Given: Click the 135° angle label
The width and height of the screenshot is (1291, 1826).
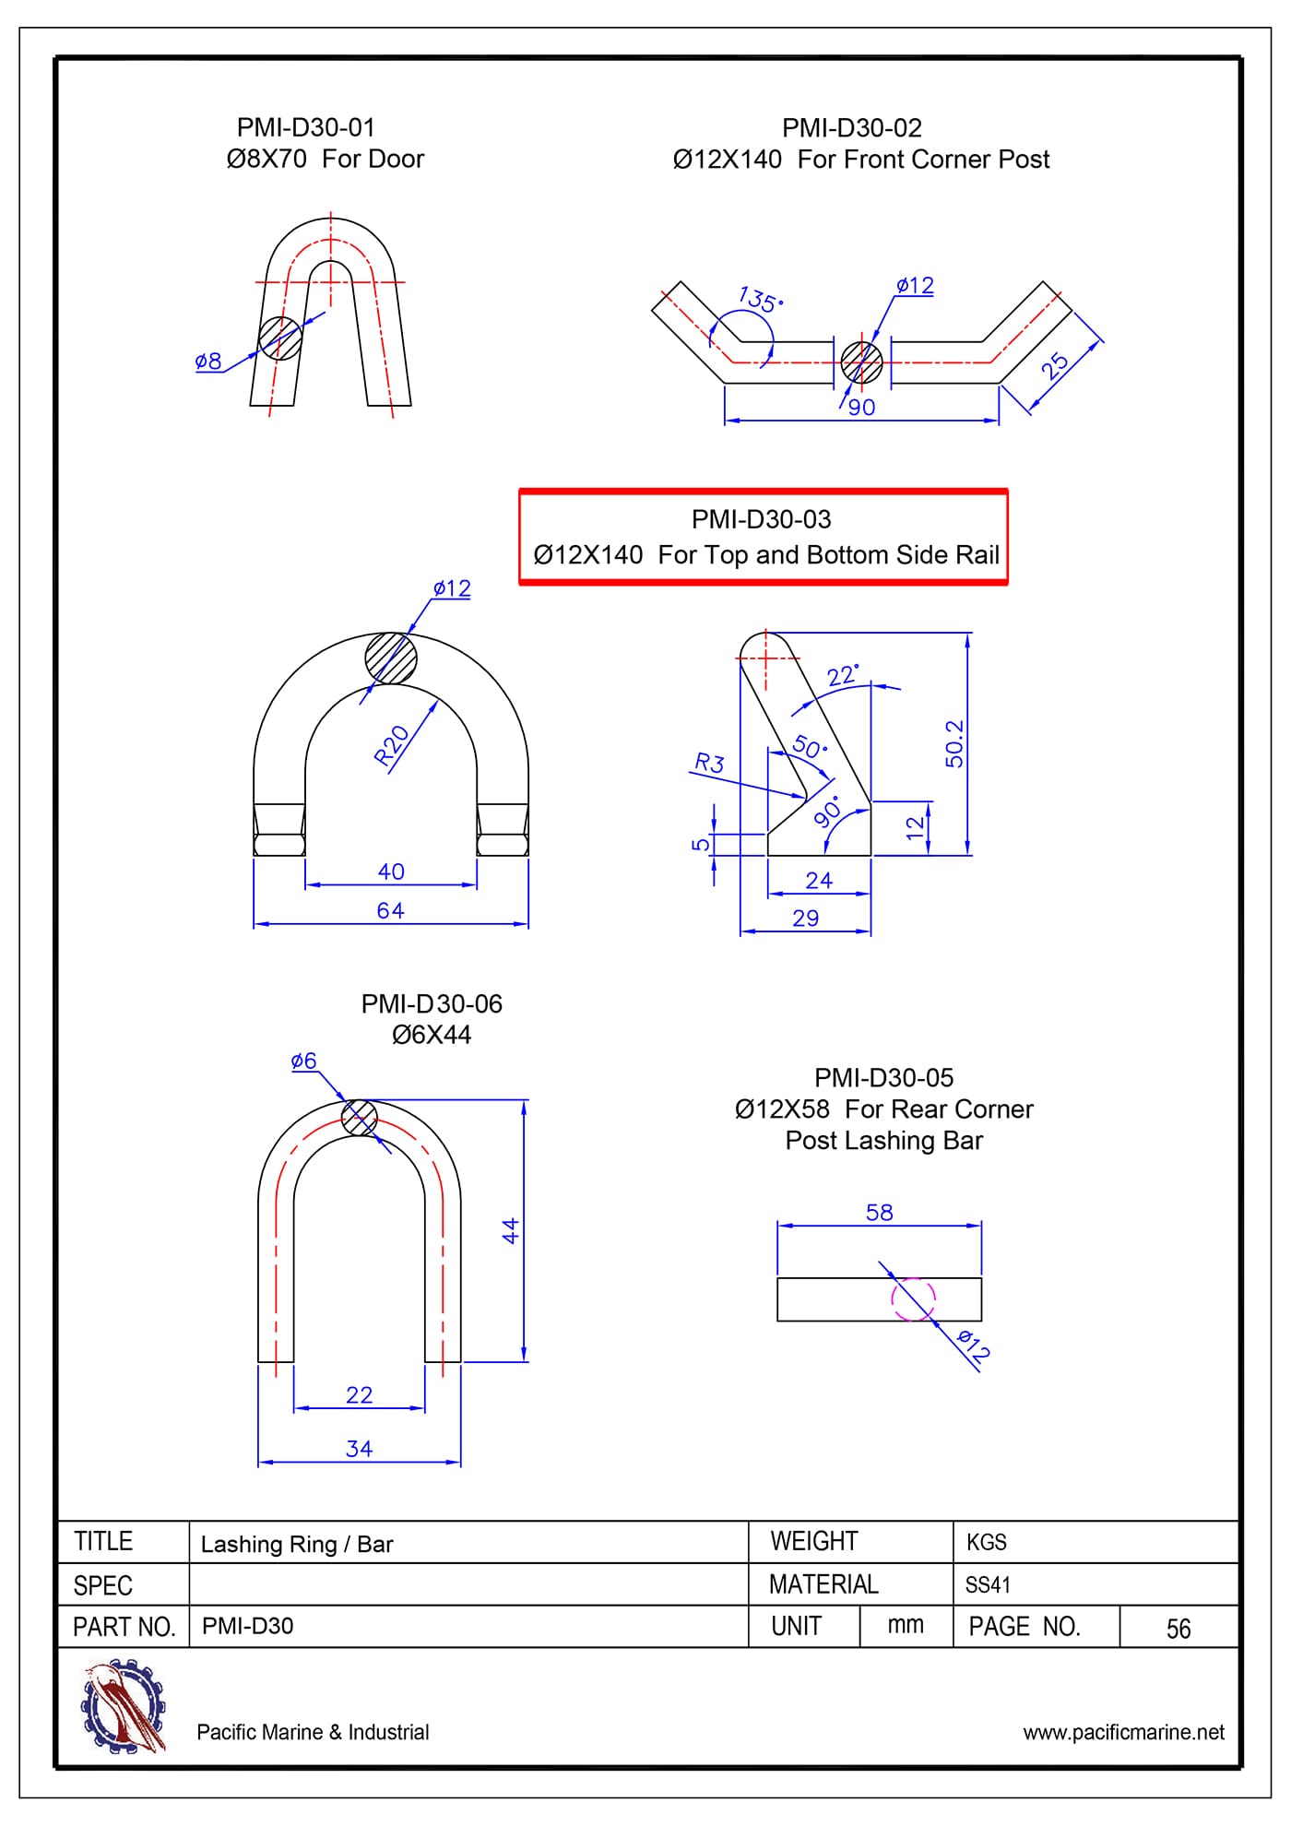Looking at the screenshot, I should coord(760,300).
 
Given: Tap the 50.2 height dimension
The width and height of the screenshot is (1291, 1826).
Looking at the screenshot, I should coord(953,743).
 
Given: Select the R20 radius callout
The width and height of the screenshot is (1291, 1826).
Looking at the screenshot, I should coord(392,745).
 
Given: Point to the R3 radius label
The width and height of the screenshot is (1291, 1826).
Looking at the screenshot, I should coord(709,763).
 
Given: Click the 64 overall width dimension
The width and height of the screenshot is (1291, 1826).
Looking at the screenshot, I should coord(390,910).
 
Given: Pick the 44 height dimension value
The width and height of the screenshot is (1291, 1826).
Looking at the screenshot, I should coord(510,1230).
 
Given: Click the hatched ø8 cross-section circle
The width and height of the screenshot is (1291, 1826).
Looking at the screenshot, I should coord(279,338).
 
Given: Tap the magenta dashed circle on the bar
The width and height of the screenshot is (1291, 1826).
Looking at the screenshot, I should coord(913,1298).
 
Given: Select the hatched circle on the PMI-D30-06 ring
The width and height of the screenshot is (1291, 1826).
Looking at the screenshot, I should coord(359,1119).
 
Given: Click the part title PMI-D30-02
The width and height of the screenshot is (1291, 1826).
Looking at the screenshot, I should coord(851,128).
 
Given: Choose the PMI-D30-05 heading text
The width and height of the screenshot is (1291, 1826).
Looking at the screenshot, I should coord(883,1077).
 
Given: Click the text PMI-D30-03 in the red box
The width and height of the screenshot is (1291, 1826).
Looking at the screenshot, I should coord(761,520).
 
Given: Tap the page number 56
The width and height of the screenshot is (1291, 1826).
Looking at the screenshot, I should coord(1178,1629).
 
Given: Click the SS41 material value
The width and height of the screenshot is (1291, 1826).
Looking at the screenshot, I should coord(988,1585).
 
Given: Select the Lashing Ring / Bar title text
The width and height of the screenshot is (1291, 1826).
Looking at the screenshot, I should coord(297,1544).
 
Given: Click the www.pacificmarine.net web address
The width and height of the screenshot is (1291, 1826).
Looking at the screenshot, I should coord(1123,1732).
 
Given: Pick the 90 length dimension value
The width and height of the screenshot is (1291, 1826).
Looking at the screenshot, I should coord(861,408).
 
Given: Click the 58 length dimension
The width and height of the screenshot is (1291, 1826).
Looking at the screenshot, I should coord(879,1213).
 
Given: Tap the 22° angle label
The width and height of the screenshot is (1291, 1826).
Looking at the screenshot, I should coord(842,676).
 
